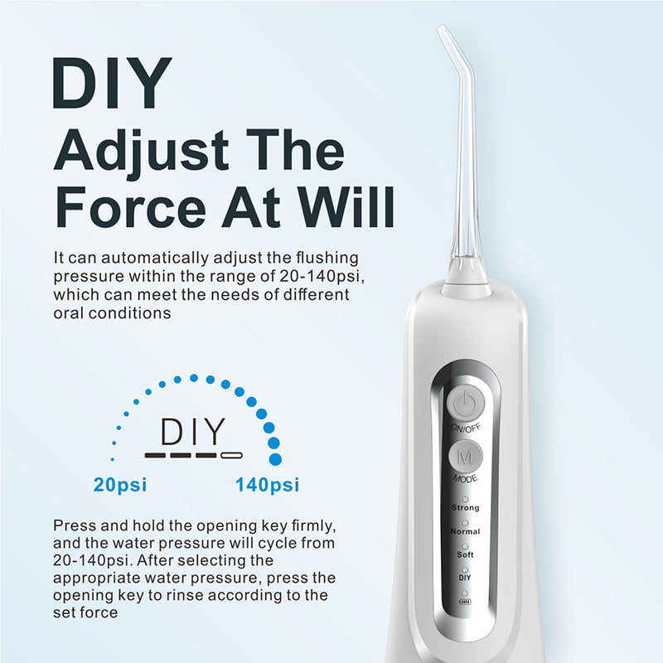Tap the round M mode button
(x=465, y=457)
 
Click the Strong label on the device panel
(x=465, y=507)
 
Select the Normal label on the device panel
(x=465, y=530)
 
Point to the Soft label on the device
(x=465, y=553)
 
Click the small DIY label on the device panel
(x=465, y=576)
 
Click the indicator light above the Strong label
(x=465, y=498)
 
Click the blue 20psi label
(x=120, y=485)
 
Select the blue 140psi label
(x=268, y=485)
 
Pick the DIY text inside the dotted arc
(x=192, y=433)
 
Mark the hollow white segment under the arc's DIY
(x=231, y=455)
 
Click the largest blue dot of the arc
(x=275, y=457)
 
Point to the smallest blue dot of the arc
(x=113, y=457)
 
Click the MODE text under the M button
(x=465, y=479)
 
